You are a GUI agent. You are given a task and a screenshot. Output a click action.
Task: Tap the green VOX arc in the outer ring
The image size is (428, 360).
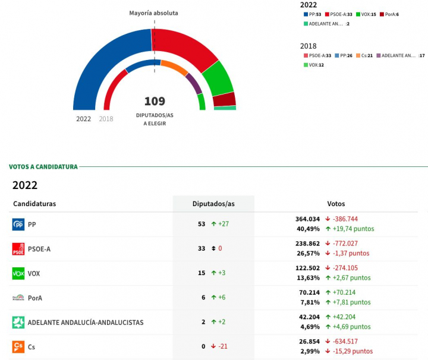point(218,79)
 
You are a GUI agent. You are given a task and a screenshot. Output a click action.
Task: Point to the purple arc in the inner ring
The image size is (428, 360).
point(194,83)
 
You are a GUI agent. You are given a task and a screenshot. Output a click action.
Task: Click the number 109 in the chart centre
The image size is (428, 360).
point(155,101)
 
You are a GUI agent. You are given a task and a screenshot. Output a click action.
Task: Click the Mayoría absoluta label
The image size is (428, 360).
point(153,13)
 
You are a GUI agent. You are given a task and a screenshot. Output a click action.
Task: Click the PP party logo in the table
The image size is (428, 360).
point(18,225)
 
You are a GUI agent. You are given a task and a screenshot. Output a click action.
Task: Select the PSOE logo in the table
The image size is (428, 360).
point(18,249)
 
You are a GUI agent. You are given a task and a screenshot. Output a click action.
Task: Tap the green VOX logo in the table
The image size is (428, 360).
point(18,273)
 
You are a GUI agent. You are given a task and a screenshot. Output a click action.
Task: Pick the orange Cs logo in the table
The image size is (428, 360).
point(18,346)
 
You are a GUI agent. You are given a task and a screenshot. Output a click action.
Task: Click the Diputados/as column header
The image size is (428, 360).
point(213,204)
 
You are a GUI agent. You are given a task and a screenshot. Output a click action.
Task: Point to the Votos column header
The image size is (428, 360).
point(336,204)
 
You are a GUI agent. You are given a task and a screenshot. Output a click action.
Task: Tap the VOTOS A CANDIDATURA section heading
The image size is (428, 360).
point(43,167)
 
